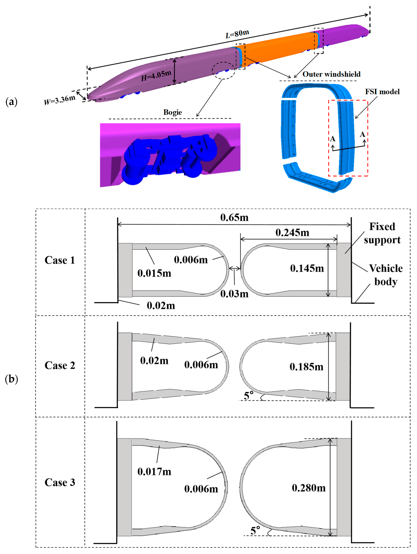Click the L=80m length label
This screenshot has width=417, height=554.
pyautogui.click(x=237, y=34)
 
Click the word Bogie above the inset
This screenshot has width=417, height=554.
pyautogui.click(x=173, y=112)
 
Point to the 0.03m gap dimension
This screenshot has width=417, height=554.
pyautogui.click(x=234, y=294)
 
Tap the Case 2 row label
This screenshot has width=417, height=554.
pyautogui.click(x=60, y=365)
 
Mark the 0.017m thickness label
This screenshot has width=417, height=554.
pyautogui.click(x=154, y=472)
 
